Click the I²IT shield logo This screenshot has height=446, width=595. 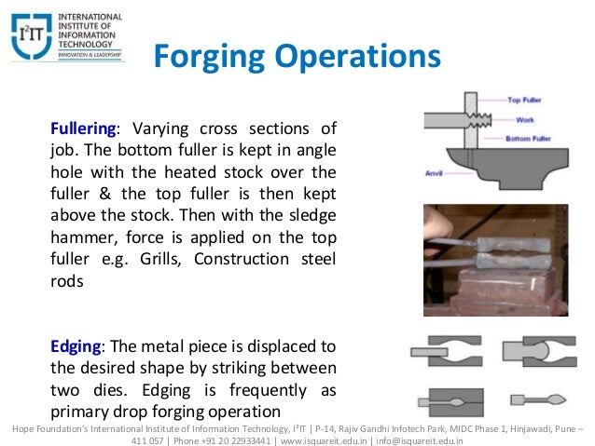click(x=30, y=36)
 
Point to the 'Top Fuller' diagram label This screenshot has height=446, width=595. click(x=526, y=99)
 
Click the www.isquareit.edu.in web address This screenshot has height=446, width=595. click(x=321, y=439)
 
